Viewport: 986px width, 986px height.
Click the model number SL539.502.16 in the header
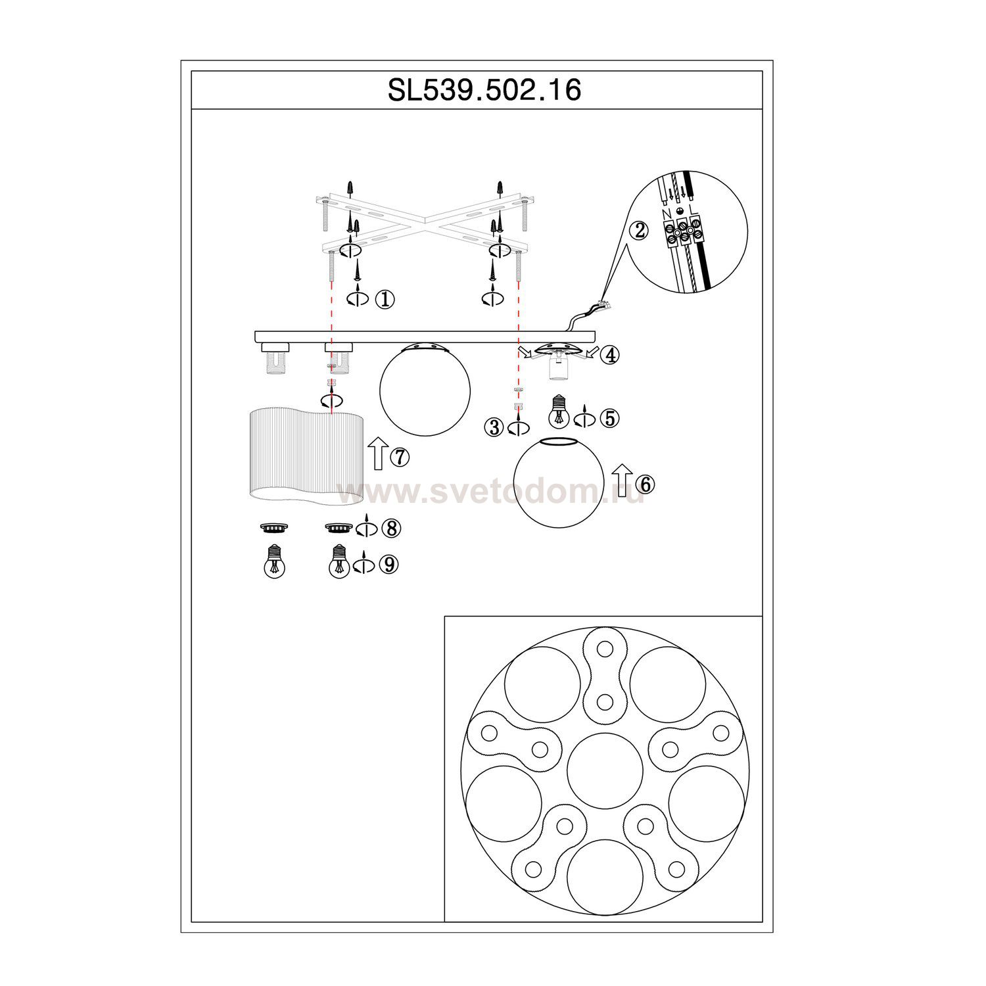click(x=484, y=90)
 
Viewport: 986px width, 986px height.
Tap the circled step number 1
click(x=385, y=299)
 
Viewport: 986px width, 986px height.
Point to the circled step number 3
click(x=494, y=428)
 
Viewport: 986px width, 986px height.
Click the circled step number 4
click(x=611, y=356)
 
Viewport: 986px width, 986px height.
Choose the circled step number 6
click(x=646, y=484)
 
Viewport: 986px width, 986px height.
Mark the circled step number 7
click(x=400, y=457)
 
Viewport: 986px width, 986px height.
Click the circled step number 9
click(x=390, y=565)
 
